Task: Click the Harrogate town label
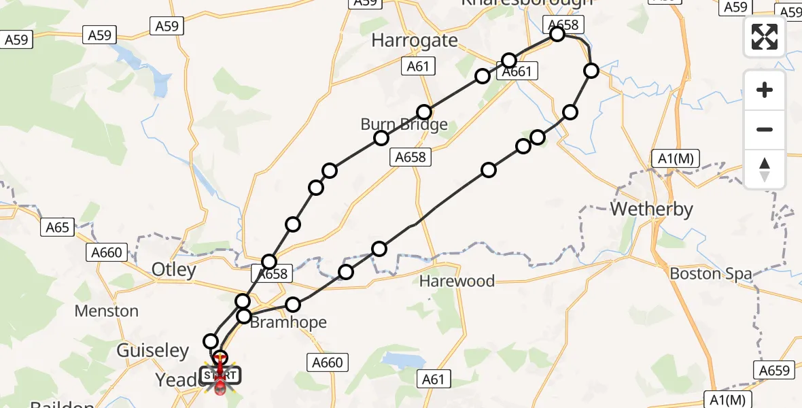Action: click(414, 41)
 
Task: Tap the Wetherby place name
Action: click(651, 209)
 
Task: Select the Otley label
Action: click(173, 270)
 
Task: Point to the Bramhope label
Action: click(288, 322)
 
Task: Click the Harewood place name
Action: click(456, 281)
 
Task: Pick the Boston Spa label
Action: click(711, 274)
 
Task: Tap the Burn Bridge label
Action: click(404, 124)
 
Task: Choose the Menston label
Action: click(107, 311)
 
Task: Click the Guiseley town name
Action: click(153, 351)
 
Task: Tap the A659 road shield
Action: click(773, 370)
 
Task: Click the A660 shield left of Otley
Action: click(107, 253)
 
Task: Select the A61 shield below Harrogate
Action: click(418, 67)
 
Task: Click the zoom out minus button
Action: click(765, 129)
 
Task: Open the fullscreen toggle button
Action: click(765, 37)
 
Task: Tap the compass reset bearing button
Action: click(765, 168)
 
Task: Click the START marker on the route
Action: click(220, 374)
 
